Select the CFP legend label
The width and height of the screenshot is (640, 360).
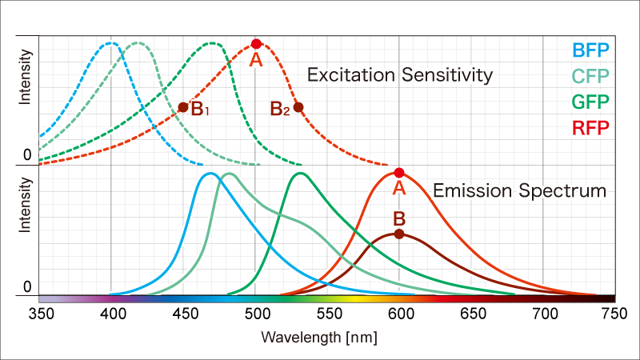590,77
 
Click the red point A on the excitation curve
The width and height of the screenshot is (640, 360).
256,44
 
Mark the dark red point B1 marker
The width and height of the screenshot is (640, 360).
183,107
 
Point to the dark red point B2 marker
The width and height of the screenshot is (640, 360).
298,107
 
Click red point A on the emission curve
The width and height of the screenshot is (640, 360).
399,172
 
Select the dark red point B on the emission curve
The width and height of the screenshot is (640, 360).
399,234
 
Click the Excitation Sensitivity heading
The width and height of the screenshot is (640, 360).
400,76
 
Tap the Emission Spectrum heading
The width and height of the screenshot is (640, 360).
519,190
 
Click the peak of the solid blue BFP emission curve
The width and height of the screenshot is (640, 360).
210,173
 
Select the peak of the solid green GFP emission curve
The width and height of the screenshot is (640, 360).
300,173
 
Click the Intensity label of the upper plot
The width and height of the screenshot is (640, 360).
26,77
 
